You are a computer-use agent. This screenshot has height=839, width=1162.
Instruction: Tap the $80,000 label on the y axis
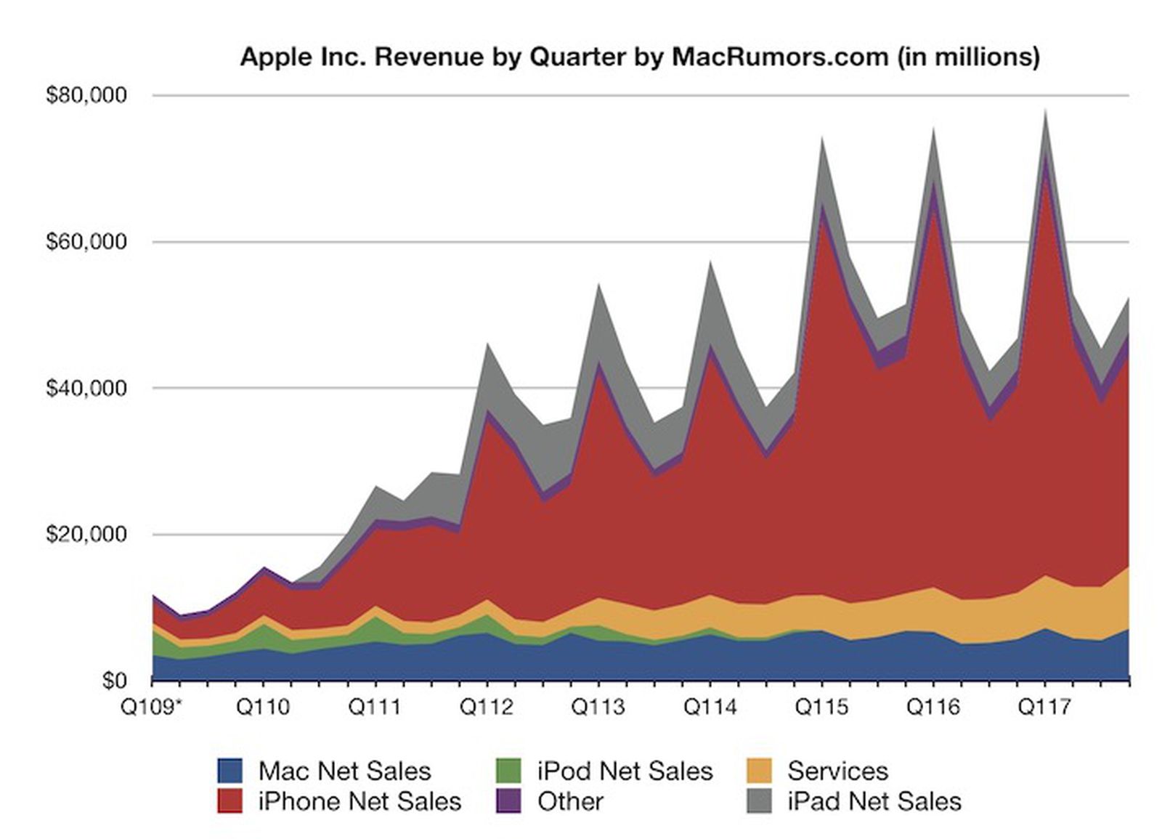coord(86,96)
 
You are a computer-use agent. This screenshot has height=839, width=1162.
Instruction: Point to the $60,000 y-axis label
coord(86,242)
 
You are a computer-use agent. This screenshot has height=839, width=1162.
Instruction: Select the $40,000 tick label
coord(86,389)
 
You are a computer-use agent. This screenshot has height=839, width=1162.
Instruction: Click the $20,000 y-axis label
coord(86,535)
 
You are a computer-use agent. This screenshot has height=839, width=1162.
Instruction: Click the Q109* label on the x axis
coord(151,707)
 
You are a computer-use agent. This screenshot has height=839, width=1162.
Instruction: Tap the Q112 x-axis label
coord(487,707)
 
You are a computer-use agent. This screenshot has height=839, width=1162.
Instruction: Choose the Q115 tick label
coord(821,707)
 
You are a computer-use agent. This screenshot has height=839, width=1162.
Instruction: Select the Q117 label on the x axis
coord(1044,707)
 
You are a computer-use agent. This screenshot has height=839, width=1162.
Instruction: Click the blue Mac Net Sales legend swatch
coord(230,771)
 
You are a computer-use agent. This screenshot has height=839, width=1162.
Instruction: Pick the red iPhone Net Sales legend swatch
coord(230,801)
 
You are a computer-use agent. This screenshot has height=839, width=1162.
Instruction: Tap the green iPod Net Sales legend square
coord(508,771)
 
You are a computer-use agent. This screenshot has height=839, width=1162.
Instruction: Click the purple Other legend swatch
coord(508,801)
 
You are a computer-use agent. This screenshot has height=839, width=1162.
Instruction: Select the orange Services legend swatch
coord(759,771)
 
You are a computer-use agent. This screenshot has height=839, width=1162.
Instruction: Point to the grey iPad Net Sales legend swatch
coord(759,801)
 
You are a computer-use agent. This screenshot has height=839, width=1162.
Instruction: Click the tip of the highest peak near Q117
coord(1045,110)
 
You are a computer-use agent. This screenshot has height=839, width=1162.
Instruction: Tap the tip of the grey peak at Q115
coord(821,137)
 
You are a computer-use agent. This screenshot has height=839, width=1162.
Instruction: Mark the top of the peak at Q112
coord(487,344)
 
